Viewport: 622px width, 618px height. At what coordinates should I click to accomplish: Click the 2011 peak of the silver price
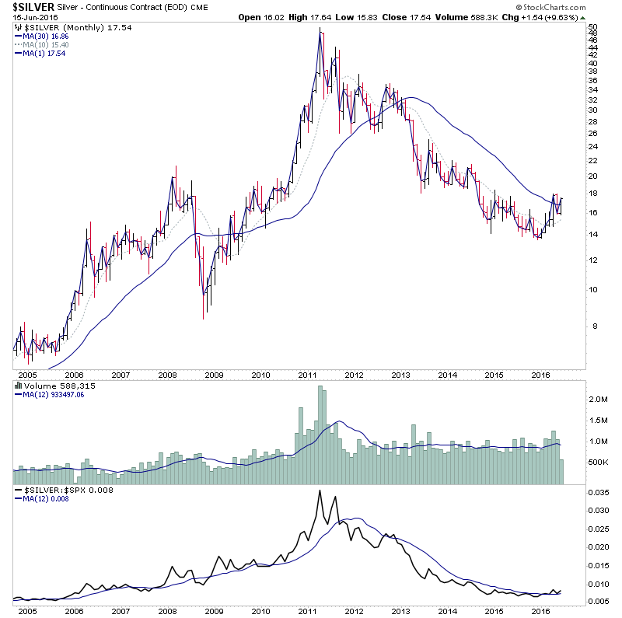point(320,29)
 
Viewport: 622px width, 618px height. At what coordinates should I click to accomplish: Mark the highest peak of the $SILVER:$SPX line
point(320,491)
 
